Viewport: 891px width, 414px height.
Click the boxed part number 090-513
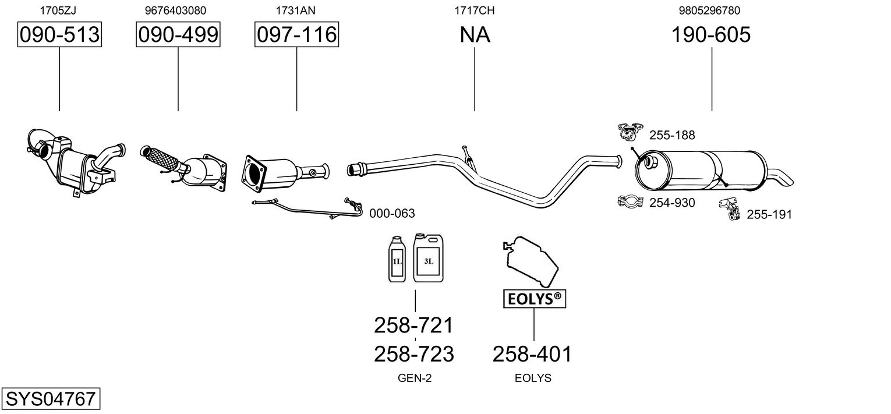[59, 34]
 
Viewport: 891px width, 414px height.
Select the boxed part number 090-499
[178, 34]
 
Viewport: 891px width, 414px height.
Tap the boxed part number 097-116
[297, 34]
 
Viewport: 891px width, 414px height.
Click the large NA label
[475, 34]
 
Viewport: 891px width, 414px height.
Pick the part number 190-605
[711, 34]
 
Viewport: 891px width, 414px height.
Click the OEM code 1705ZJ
[58, 10]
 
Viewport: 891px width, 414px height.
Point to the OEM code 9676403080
[175, 10]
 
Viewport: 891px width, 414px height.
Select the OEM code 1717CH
[475, 10]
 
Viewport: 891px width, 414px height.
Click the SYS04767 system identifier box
[51, 398]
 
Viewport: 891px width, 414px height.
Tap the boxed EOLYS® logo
[535, 299]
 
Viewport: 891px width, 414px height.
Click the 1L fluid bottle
[397, 259]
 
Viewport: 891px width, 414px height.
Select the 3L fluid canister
[428, 258]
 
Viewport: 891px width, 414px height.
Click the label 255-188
[672, 135]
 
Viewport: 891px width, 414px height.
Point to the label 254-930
[672, 203]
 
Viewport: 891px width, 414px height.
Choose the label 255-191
[769, 215]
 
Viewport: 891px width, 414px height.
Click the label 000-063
[392, 214]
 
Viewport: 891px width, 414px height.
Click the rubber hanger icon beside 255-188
[630, 132]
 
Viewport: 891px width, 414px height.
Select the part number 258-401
[532, 354]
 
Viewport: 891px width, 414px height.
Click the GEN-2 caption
[415, 378]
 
